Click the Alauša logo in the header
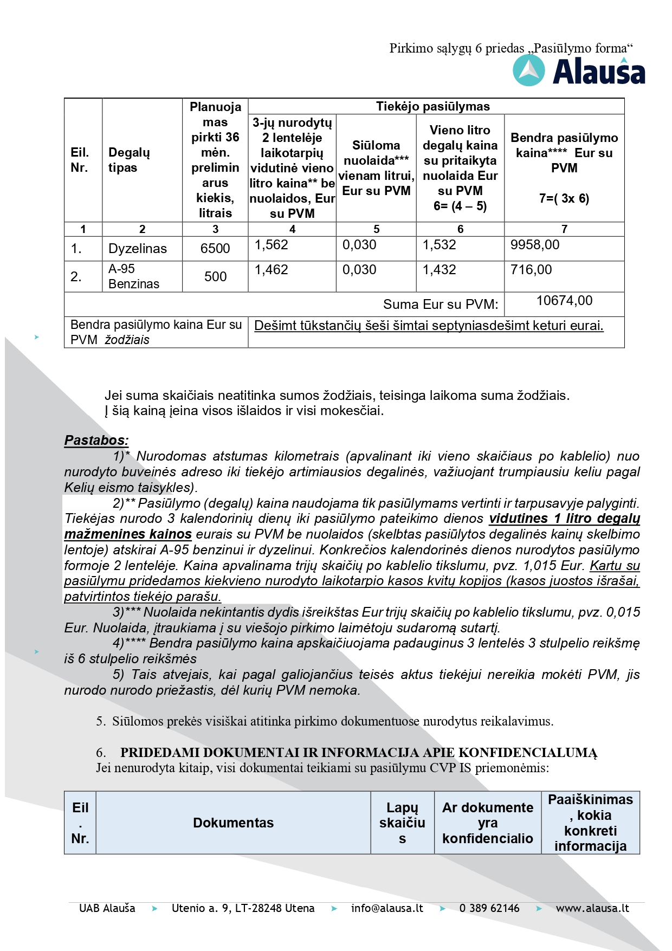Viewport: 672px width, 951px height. [579, 72]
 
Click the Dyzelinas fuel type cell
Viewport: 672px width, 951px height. [138, 249]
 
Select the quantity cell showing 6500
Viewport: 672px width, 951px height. [215, 249]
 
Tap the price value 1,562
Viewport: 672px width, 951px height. [272, 245]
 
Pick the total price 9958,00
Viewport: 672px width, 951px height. [535, 245]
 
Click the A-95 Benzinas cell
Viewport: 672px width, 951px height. [134, 276]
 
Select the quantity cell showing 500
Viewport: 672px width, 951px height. [215, 277]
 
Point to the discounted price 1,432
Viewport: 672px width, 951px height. [440, 270]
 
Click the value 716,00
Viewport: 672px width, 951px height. [531, 270]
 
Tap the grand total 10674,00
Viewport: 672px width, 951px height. [564, 301]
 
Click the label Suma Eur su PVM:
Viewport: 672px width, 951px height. [440, 305]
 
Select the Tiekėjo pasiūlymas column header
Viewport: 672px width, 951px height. [433, 107]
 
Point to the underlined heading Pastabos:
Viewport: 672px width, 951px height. [96, 441]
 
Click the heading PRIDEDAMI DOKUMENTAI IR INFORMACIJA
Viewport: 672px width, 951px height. [358, 753]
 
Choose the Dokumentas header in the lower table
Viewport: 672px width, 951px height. [233, 823]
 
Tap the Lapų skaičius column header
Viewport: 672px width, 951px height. [402, 823]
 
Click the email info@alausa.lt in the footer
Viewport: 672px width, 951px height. [387, 908]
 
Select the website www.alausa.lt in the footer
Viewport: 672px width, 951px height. [592, 908]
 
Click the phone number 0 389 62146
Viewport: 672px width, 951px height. [489, 908]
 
